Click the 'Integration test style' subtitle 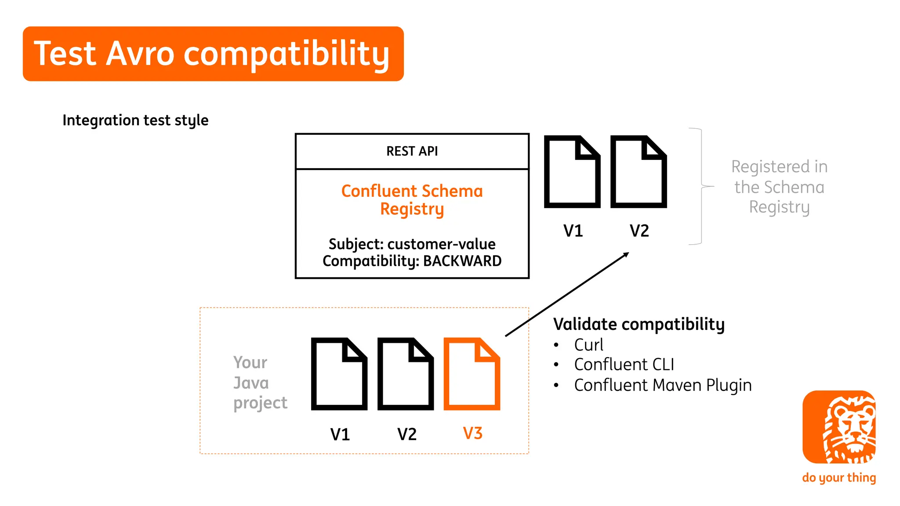tap(135, 120)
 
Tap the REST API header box tap(412, 151)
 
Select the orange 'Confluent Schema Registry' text tap(412, 200)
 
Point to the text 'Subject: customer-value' tap(412, 244)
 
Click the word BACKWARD tap(462, 261)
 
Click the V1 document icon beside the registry tap(572, 172)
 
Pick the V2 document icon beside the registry tap(639, 172)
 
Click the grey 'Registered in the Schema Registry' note tap(779, 187)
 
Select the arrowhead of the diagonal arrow tap(626, 254)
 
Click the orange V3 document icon tap(472, 374)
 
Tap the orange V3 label tap(472, 434)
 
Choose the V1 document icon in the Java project tap(339, 374)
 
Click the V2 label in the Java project tap(406, 434)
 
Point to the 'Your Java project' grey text tap(260, 383)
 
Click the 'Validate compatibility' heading tap(639, 324)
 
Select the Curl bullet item tap(588, 345)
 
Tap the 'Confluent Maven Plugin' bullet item tap(662, 385)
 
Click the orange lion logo tap(838, 427)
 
